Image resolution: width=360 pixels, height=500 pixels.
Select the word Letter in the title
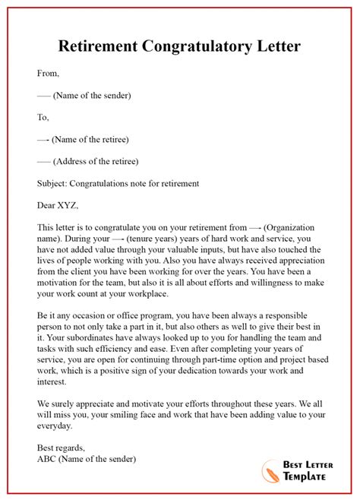click(x=278, y=46)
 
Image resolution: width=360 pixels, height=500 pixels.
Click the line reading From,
click(x=48, y=74)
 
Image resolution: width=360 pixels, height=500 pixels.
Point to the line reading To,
click(x=43, y=117)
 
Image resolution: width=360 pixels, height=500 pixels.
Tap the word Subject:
click(x=57, y=183)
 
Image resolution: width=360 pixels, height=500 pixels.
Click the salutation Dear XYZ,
click(x=58, y=205)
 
